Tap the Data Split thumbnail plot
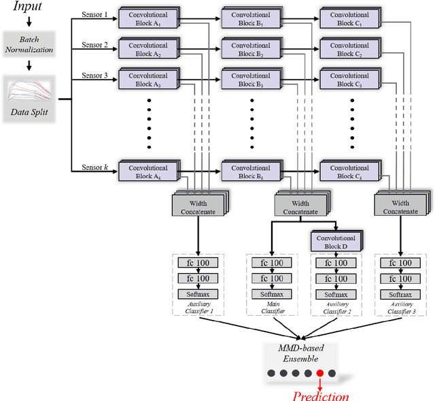point(29,89)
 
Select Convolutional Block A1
point(147,18)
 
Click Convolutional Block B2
point(250,50)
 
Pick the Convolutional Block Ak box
point(147,172)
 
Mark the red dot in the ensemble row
point(319,372)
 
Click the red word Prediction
point(320,396)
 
